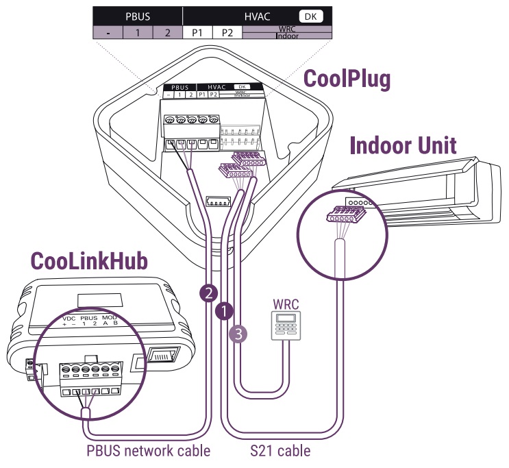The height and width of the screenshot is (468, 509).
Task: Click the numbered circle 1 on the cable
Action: tap(223, 310)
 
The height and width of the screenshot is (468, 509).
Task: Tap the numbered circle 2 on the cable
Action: tap(207, 293)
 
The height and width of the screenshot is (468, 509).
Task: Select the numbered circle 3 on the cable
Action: tap(236, 333)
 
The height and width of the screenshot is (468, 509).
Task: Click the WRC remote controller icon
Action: tap(282, 325)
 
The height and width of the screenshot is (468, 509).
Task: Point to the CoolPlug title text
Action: tap(347, 79)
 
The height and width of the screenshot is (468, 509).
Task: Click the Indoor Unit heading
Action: tap(403, 145)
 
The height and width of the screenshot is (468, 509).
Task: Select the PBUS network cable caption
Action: tap(148, 450)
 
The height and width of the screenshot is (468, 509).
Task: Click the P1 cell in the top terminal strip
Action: tap(197, 32)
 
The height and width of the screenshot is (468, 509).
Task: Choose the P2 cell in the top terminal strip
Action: tap(227, 32)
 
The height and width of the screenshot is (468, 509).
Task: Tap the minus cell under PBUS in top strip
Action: tap(108, 32)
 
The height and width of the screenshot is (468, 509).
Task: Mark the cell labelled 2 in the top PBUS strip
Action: tap(167, 32)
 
